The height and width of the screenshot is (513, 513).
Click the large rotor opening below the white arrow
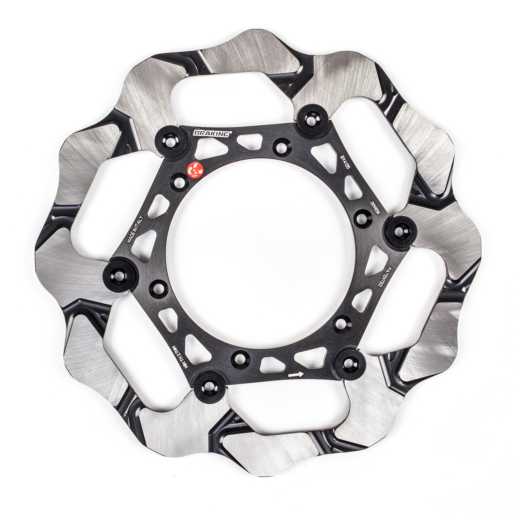coord(287,406)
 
